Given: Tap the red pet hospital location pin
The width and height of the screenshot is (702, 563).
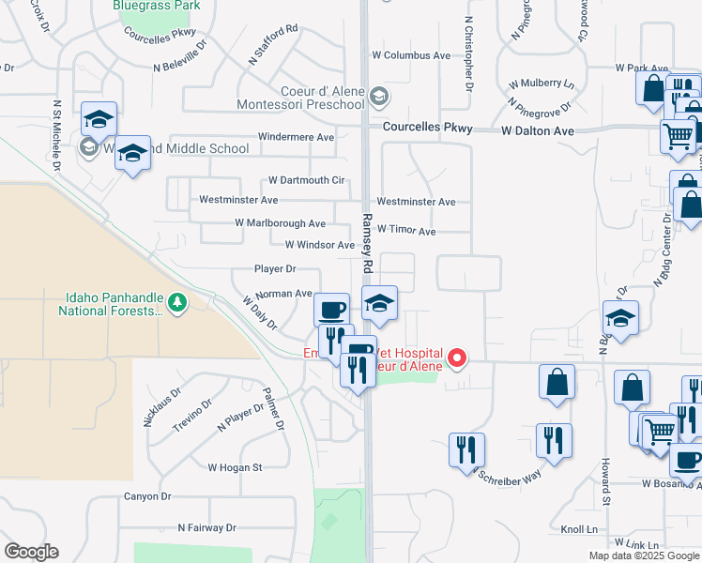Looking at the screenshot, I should [458, 358].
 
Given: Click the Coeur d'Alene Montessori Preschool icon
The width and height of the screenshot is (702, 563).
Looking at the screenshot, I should [378, 96].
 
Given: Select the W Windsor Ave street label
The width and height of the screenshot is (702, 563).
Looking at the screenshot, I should [319, 245].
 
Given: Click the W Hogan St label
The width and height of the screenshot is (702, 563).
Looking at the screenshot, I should [235, 466].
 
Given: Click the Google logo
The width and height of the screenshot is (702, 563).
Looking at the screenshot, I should [31, 552].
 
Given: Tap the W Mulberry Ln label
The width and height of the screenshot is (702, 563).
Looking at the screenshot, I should [542, 84].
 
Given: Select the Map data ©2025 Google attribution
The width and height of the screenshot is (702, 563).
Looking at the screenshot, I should [644, 555].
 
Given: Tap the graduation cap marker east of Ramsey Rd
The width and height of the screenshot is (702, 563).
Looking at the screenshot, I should [379, 304].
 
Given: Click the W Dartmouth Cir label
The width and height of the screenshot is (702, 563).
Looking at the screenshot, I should [307, 179].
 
